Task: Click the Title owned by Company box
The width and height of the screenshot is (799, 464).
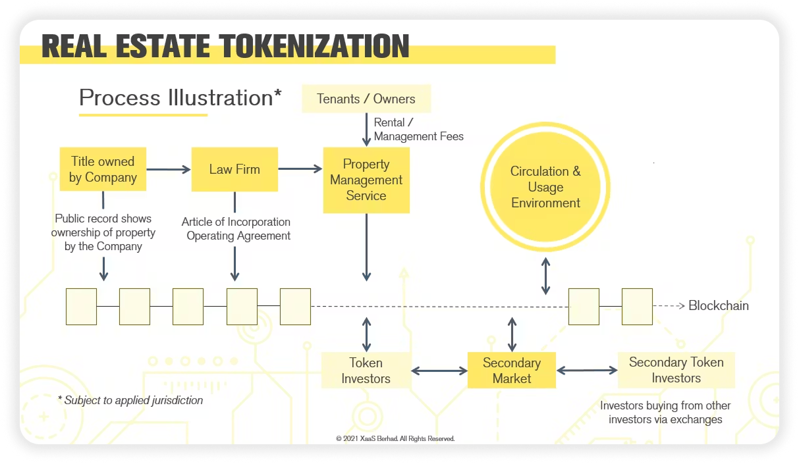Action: tap(102, 169)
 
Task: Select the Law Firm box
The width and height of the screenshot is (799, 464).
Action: tap(234, 169)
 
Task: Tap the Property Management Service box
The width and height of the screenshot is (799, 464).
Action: tap(366, 180)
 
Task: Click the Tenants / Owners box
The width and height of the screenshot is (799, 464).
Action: tap(366, 99)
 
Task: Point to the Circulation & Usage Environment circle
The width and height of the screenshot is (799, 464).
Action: tap(545, 187)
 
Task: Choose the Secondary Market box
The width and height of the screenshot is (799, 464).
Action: tap(512, 371)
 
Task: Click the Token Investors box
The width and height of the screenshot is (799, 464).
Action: tap(366, 371)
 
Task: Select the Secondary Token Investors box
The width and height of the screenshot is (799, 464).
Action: tap(676, 370)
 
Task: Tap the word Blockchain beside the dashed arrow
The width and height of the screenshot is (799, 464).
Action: tap(718, 305)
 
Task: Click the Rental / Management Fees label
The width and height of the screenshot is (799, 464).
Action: tap(418, 130)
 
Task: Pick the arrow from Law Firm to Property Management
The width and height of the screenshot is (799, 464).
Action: tap(300, 169)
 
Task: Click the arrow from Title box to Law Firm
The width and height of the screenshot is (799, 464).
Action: tap(168, 169)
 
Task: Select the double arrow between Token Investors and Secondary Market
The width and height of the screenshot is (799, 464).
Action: tap(439, 371)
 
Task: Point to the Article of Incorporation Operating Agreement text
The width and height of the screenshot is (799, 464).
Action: tap(236, 229)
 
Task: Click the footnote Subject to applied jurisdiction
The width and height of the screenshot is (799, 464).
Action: tap(130, 400)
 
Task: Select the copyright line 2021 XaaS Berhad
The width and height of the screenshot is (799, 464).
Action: tap(395, 438)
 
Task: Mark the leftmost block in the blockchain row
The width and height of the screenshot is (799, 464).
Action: tap(81, 306)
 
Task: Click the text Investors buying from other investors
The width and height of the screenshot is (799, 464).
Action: tap(665, 412)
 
